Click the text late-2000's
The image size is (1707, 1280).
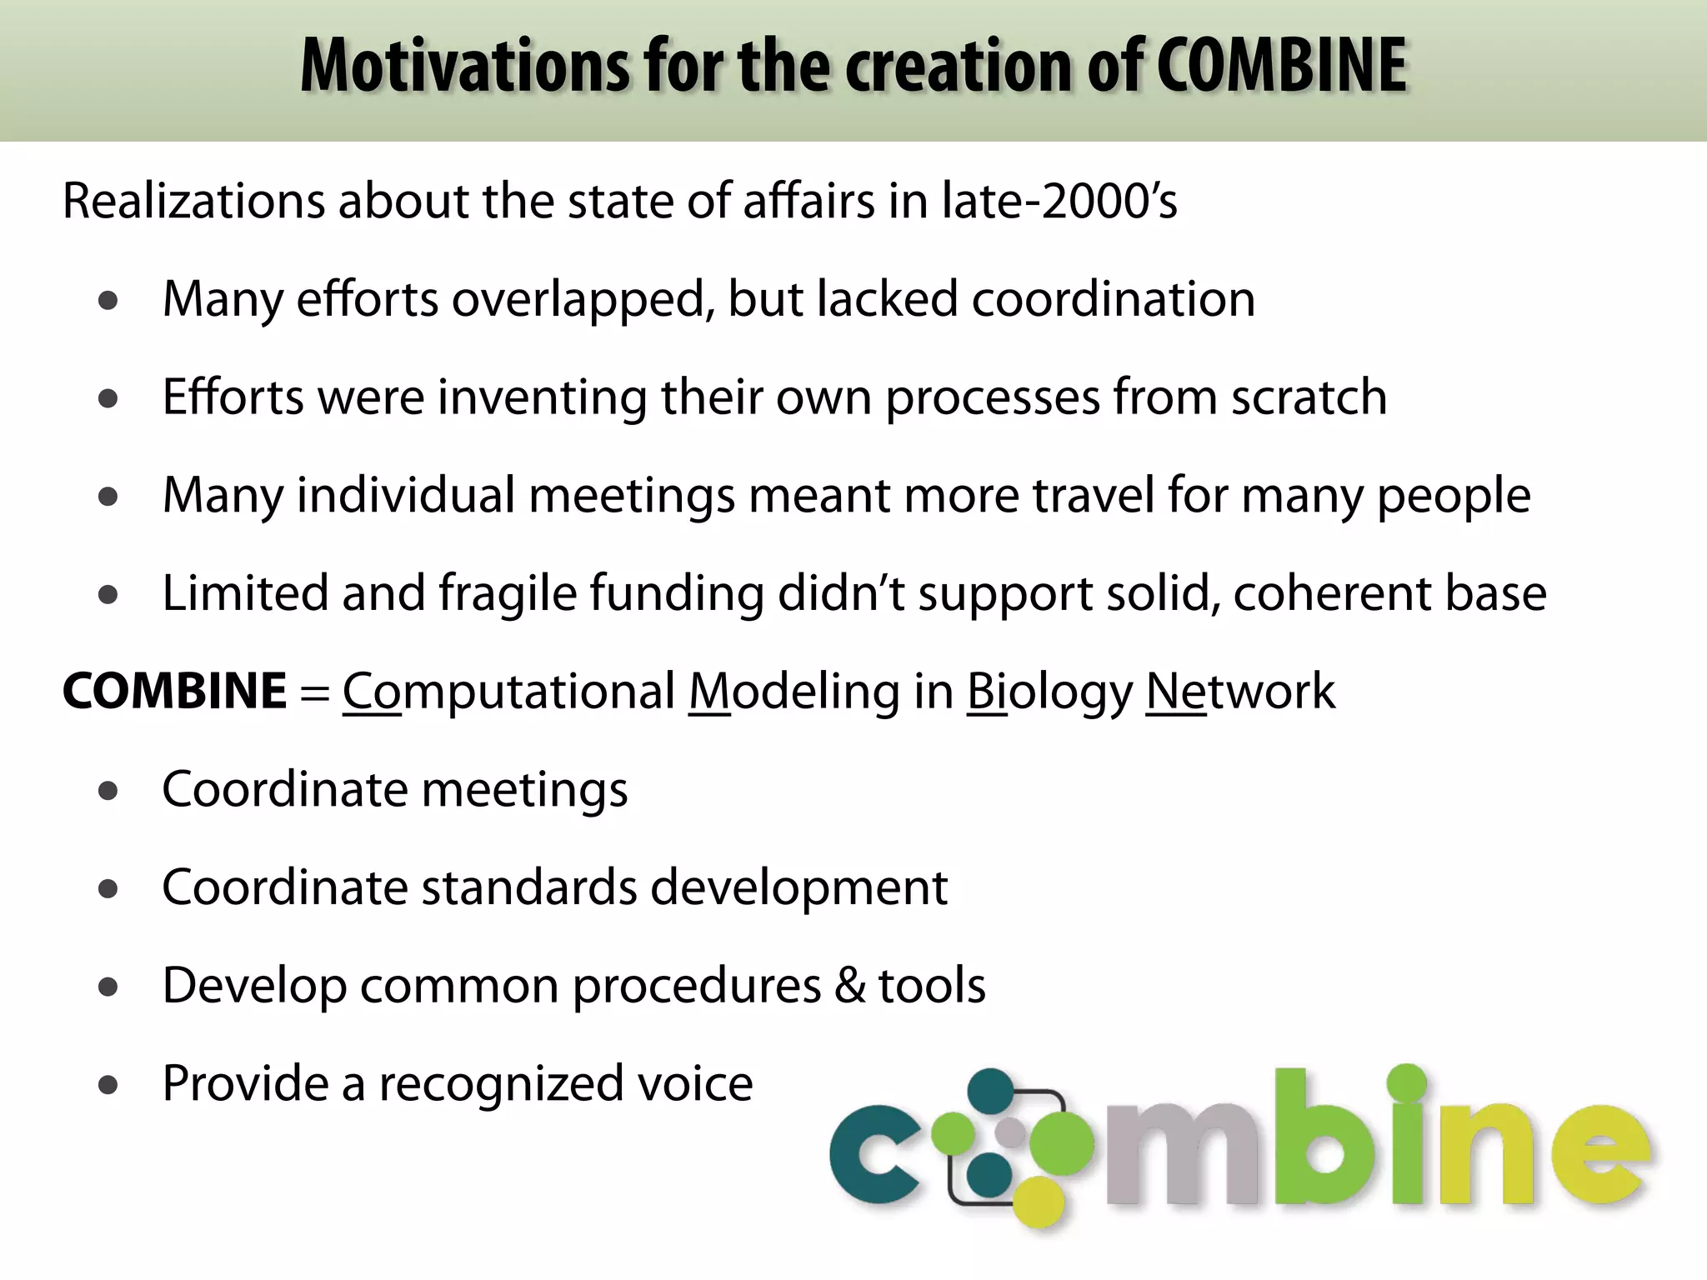click(1059, 202)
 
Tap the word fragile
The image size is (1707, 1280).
click(508, 594)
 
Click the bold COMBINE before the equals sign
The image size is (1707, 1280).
click(175, 692)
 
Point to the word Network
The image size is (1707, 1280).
click(1240, 692)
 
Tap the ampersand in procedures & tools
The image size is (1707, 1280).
click(849, 986)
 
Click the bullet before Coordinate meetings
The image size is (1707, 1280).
click(108, 791)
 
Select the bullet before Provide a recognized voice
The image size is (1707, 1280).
click(108, 1085)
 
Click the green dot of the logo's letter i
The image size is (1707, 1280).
click(1407, 1082)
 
